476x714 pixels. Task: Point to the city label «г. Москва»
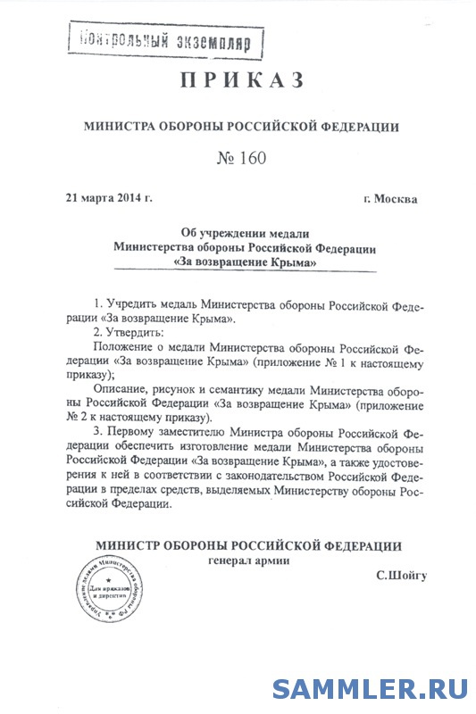[x=390, y=198]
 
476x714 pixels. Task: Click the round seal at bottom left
[x=117, y=593]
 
